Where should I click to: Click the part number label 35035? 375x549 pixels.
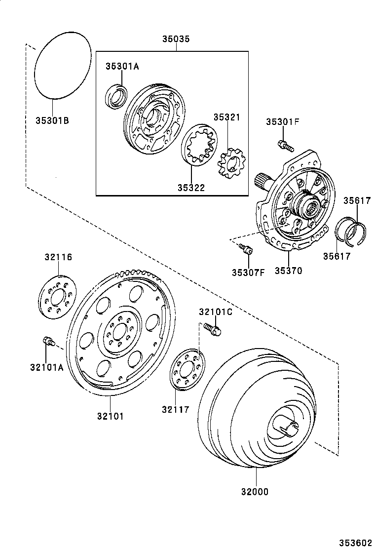tap(176, 39)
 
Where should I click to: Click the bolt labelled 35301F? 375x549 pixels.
tap(285, 145)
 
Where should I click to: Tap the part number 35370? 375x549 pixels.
tap(288, 271)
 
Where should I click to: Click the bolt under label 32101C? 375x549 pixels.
tap(212, 328)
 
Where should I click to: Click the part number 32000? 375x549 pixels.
tap(256, 492)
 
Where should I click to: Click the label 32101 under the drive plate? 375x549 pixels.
tap(110, 416)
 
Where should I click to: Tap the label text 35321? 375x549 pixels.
tap(226, 117)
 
